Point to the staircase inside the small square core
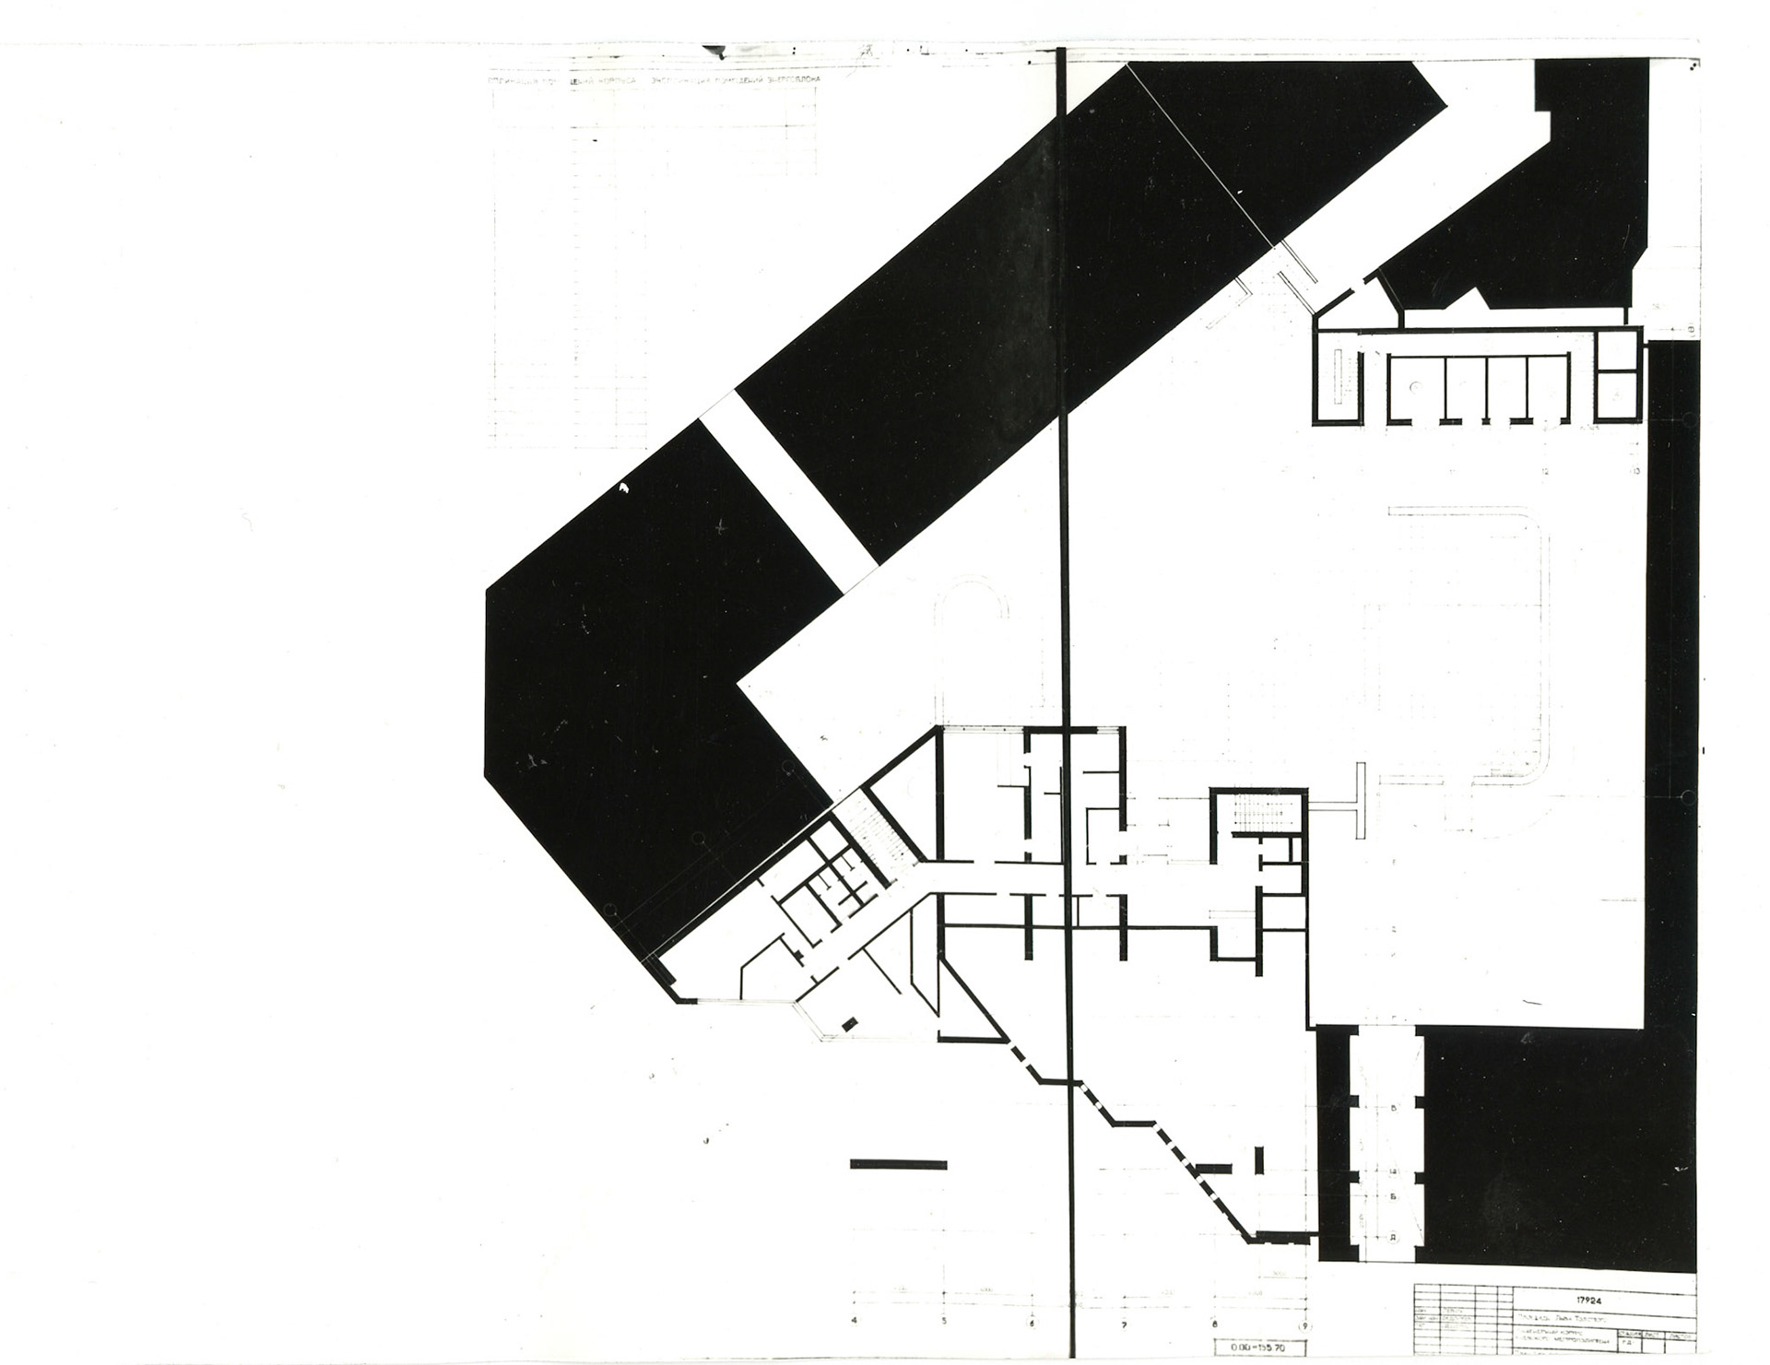(1259, 815)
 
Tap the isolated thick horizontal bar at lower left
(898, 1164)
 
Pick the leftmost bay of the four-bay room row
(1416, 387)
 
